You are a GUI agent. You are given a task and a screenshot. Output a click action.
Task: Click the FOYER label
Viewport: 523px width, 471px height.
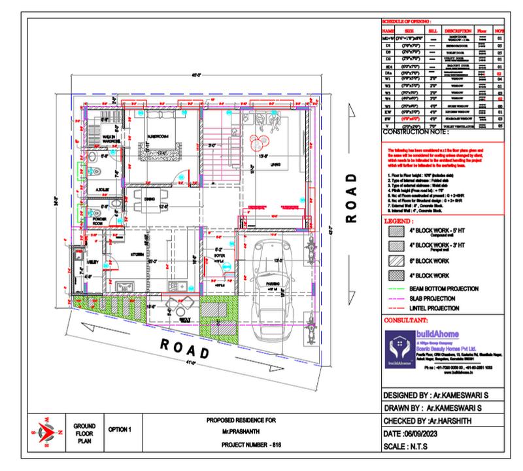[x=219, y=256]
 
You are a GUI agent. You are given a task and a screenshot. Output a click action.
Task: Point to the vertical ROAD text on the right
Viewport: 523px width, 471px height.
[x=351, y=197]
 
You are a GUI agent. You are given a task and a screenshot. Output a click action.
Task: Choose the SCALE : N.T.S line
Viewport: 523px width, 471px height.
[x=407, y=447]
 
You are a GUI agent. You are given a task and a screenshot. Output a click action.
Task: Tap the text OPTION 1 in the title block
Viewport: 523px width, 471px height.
[x=120, y=429]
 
